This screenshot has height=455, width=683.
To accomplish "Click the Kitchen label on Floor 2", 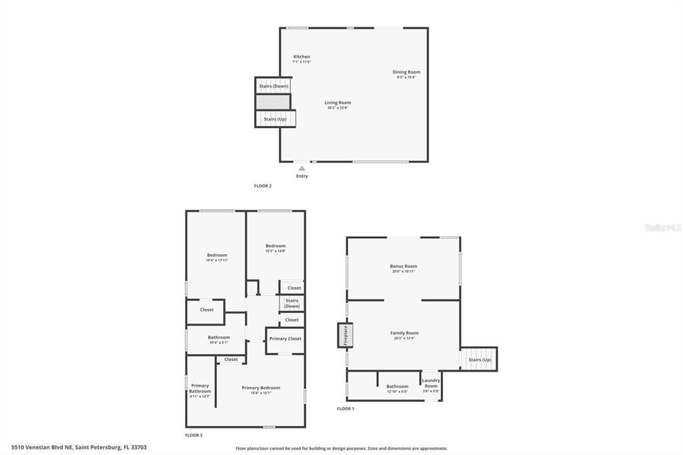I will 301,57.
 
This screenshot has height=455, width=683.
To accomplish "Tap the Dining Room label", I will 406,72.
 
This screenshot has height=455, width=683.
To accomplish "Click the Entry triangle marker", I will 302,168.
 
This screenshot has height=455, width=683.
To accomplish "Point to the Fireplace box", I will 346,335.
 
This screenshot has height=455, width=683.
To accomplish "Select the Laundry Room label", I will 431,383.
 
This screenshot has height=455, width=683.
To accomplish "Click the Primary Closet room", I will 285,339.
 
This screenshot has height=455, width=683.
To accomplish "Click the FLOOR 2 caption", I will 263,186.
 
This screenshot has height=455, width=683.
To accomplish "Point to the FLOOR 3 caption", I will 193,435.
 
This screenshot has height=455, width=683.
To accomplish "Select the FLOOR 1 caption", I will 346,408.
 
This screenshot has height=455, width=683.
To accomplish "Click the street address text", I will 79,447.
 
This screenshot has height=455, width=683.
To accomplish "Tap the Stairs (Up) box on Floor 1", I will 480,360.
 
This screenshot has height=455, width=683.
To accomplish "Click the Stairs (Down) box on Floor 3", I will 292,303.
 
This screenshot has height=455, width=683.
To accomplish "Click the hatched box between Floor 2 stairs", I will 273,102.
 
